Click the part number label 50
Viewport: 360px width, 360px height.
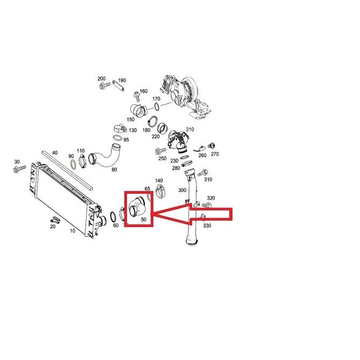pos(144,220)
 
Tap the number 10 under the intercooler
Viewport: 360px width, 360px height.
pos(72,230)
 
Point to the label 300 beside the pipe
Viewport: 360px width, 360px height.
pos(182,190)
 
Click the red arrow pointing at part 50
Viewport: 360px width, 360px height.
pos(193,214)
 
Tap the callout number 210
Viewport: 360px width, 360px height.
pos(190,130)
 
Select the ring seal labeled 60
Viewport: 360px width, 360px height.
pos(113,216)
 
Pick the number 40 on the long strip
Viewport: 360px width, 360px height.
pos(55,153)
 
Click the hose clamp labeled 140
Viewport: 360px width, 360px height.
pos(160,191)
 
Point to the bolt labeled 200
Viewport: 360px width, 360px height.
pos(104,86)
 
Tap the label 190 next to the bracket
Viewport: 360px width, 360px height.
pos(122,80)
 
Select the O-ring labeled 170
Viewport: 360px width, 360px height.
pos(157,107)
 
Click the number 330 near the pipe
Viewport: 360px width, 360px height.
pos(207,225)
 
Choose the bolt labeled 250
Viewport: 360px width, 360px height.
pos(160,151)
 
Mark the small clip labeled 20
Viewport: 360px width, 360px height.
pos(55,219)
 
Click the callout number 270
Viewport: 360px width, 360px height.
pos(215,154)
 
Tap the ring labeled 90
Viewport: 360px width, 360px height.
pos(73,164)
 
